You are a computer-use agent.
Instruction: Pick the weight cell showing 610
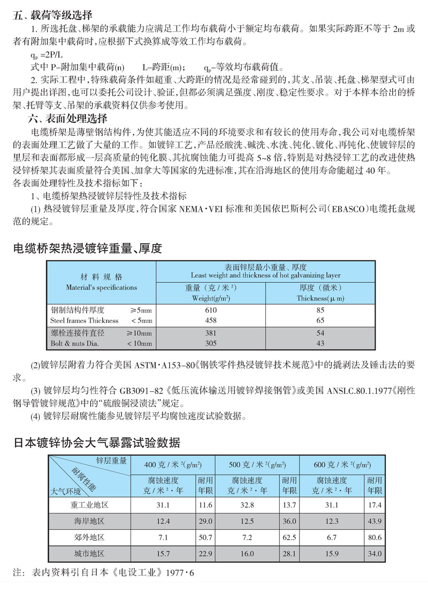click(x=211, y=310)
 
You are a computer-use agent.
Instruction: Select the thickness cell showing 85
click(x=320, y=310)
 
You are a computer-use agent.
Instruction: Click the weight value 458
click(x=211, y=321)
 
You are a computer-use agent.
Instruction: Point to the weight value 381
click(x=211, y=333)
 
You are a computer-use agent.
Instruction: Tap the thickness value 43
click(x=320, y=344)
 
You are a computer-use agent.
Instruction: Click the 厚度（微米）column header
click(x=320, y=293)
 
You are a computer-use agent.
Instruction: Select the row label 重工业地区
click(x=89, y=505)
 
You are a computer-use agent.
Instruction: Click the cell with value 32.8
click(x=248, y=505)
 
